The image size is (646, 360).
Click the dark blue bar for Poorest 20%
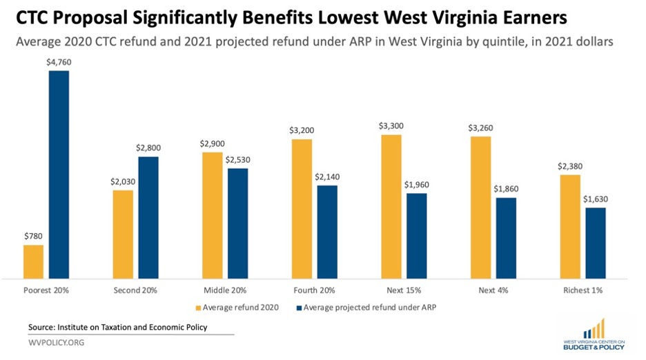[59, 174]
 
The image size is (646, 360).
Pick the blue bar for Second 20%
[148, 217]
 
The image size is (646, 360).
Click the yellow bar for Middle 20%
[212, 214]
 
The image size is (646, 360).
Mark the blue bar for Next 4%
[506, 237]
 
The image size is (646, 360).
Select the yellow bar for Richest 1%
[569, 226]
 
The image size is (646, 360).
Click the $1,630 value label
[596, 200]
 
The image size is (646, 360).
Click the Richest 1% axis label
[583, 290]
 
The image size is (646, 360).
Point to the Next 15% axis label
[404, 290]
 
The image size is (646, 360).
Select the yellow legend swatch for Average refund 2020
[199, 307]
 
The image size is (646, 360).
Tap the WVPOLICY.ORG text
[57, 343]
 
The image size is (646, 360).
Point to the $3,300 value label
[391, 126]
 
